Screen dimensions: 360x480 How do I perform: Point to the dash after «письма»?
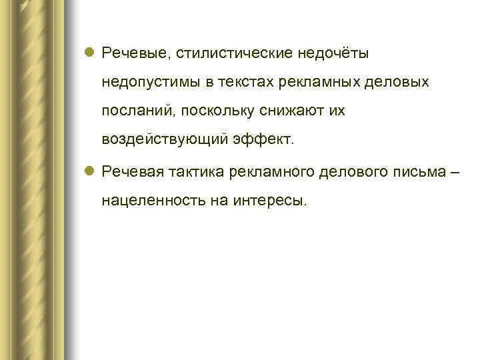tap(455, 171)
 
